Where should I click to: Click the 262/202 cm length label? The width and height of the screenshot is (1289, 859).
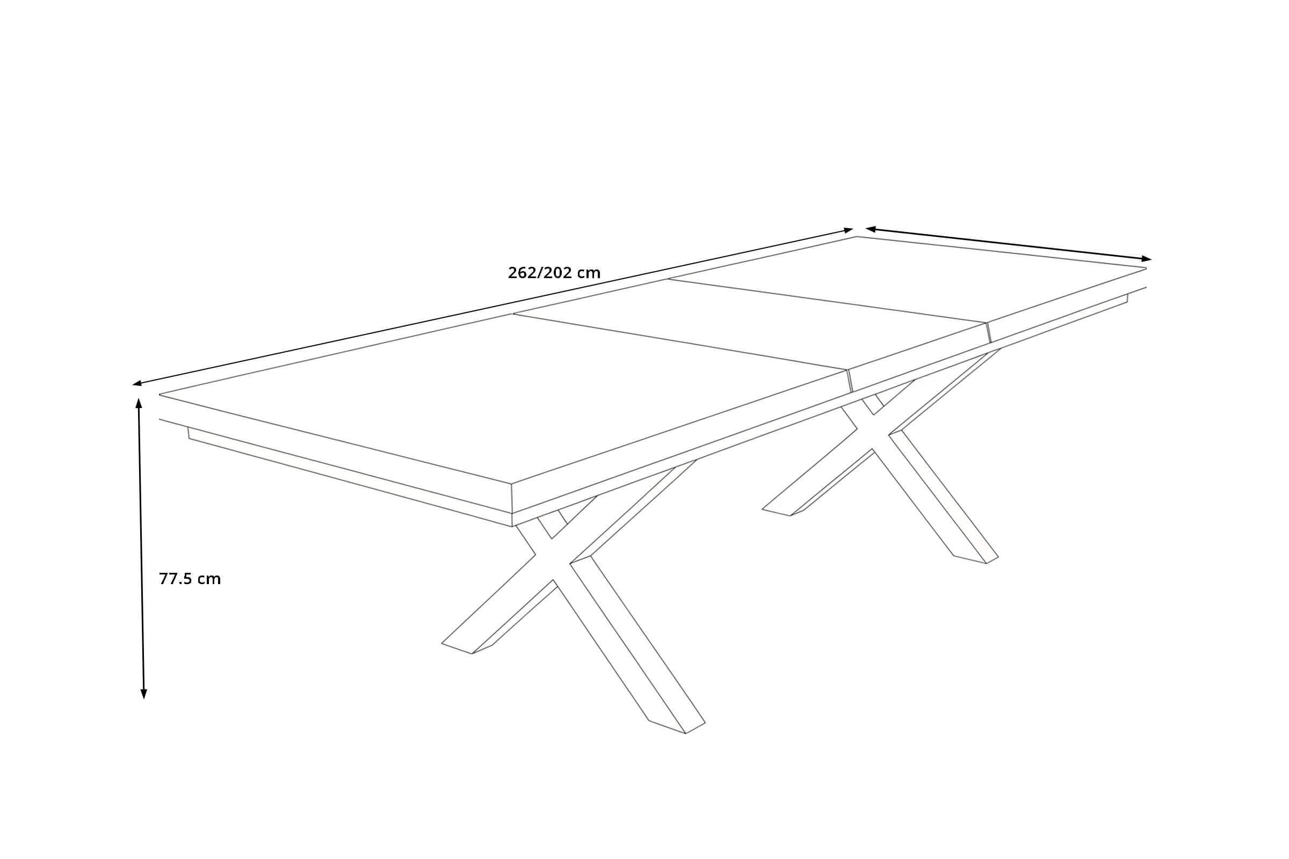coord(554,273)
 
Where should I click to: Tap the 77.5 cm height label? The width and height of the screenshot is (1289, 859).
coord(190,579)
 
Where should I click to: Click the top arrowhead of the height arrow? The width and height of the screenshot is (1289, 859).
coord(139,404)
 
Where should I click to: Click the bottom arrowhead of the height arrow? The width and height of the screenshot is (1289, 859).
coord(143,694)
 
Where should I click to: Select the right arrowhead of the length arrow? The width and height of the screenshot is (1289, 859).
coord(849,230)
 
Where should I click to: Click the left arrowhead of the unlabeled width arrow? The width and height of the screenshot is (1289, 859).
coord(870,229)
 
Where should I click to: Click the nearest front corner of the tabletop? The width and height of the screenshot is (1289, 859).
coord(511,484)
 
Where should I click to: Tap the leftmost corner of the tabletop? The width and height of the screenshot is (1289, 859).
coord(160,395)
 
